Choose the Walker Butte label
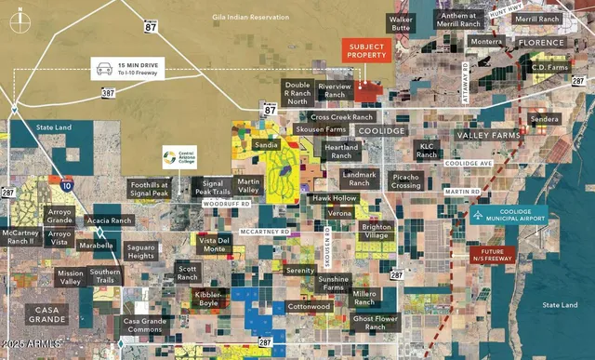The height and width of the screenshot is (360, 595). pyautogui.click(x=401, y=23)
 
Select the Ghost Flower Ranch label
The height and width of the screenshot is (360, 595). pyautogui.click(x=375, y=323)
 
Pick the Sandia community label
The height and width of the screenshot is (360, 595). pyautogui.click(x=266, y=146)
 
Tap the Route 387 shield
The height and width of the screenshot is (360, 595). pyautogui.click(x=108, y=94)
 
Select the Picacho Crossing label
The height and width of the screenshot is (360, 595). pyautogui.click(x=406, y=180)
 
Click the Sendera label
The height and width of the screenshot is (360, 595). pyautogui.click(x=544, y=120)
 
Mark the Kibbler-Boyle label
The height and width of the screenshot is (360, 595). pyautogui.click(x=208, y=299)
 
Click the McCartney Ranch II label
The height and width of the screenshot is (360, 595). pyautogui.click(x=18, y=236)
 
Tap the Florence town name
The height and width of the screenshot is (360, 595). pyautogui.click(x=541, y=43)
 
